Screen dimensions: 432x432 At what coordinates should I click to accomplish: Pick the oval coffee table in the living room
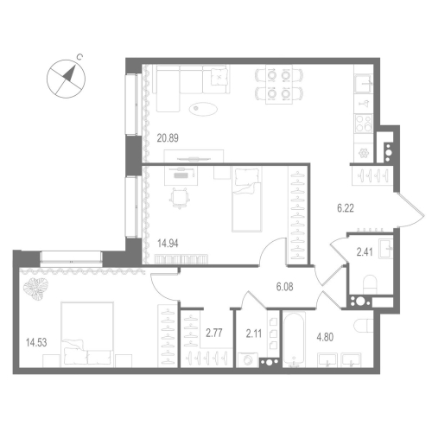click(x=206, y=109)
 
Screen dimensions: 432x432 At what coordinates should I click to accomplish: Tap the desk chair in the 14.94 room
click(x=179, y=198)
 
